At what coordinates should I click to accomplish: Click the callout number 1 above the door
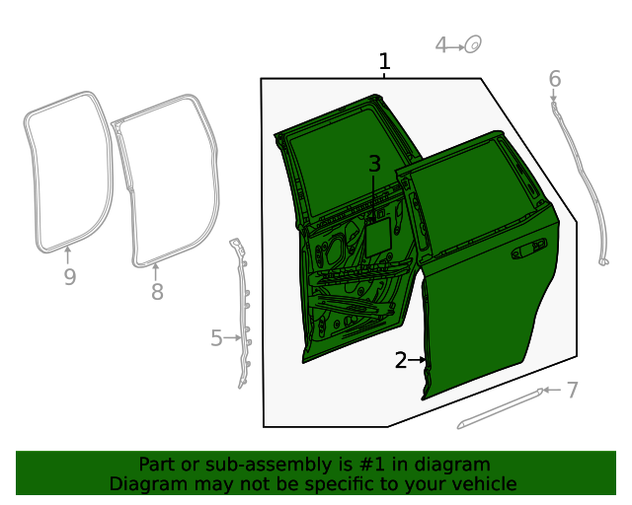click(384, 62)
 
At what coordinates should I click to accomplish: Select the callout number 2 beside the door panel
click(401, 361)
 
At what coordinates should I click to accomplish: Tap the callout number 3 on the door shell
click(374, 164)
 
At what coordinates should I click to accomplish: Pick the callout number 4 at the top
click(442, 44)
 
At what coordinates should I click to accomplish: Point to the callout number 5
click(216, 338)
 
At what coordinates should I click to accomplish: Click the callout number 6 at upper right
click(554, 78)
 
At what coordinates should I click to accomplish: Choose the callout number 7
click(572, 391)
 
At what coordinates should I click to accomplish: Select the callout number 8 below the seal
click(156, 292)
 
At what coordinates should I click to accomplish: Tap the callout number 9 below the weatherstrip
click(69, 277)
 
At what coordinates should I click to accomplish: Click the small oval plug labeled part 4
click(473, 44)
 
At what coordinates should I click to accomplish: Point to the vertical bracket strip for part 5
click(241, 311)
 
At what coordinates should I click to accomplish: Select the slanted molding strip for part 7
click(499, 408)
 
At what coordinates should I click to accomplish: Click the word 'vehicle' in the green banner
click(482, 483)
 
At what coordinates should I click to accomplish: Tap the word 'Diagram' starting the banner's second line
click(146, 483)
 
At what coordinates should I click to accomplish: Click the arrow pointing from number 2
click(419, 361)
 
